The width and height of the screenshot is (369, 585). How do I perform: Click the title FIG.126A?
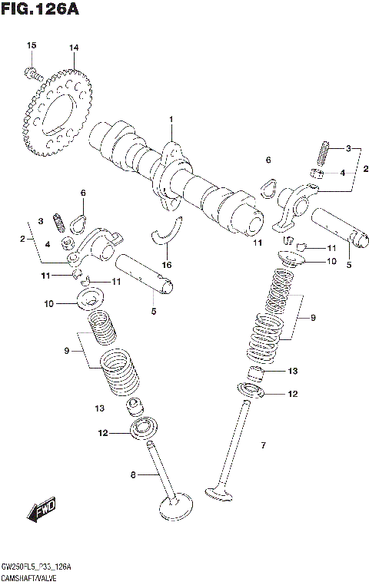coord(40,10)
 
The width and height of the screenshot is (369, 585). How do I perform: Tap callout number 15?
coord(32,47)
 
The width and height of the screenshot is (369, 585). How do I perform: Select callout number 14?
coord(74,48)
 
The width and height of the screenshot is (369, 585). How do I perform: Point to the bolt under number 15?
coord(32,74)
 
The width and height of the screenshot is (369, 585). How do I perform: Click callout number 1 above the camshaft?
coord(171,119)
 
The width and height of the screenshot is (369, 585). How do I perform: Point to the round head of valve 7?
coord(220,491)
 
